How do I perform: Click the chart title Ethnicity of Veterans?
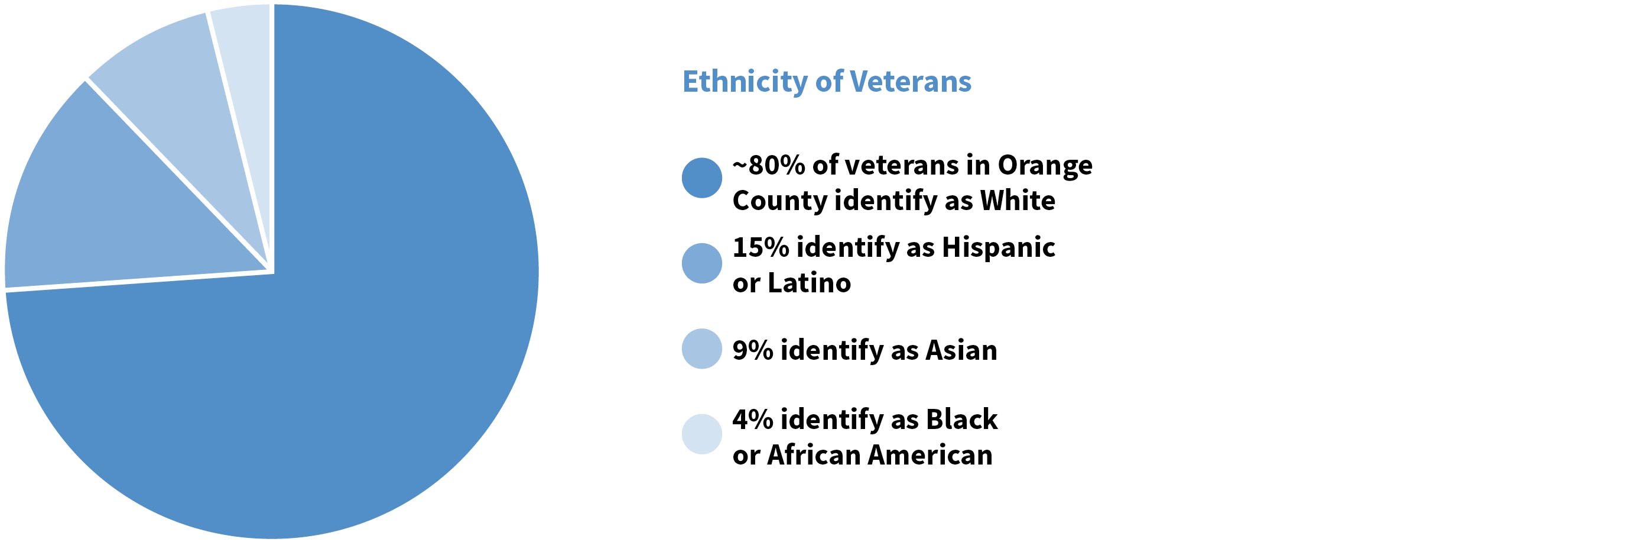pyautogui.click(x=826, y=82)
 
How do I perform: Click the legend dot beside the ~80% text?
pyautogui.click(x=701, y=178)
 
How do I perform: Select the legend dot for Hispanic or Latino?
pyautogui.click(x=701, y=263)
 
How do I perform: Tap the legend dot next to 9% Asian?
pyautogui.click(x=701, y=349)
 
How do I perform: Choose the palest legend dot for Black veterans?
pyautogui.click(x=701, y=434)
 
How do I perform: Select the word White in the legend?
pyautogui.click(x=1017, y=201)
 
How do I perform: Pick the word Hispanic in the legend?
pyautogui.click(x=998, y=247)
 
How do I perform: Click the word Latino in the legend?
pyautogui.click(x=809, y=283)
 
